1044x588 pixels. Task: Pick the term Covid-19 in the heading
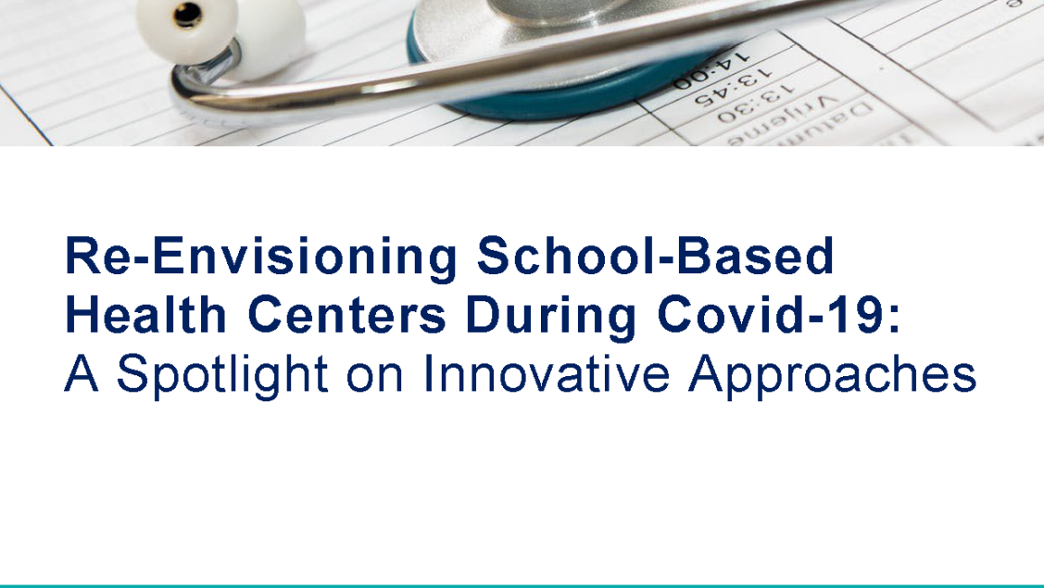pyautogui.click(x=766, y=316)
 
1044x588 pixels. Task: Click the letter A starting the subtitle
pyautogui.click(x=81, y=373)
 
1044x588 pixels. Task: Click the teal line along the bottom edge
pyautogui.click(x=522, y=584)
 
